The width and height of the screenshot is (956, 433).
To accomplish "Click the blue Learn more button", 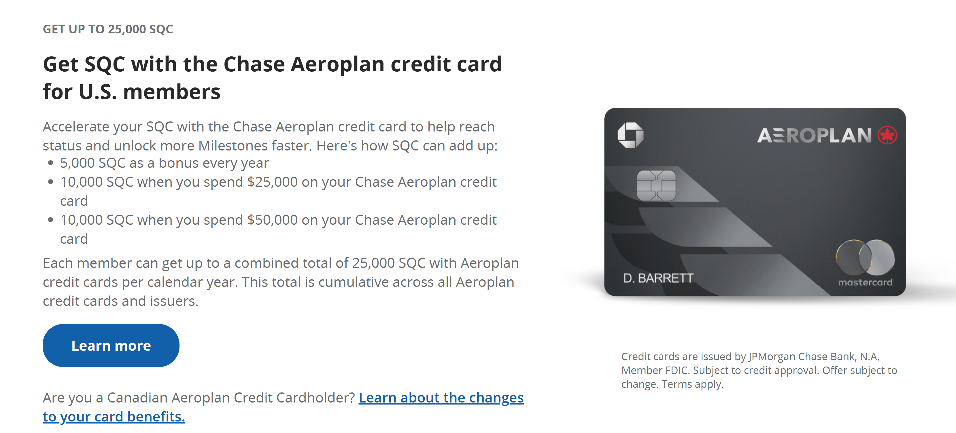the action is (111, 346).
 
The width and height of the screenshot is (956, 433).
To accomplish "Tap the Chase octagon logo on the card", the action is (630, 135).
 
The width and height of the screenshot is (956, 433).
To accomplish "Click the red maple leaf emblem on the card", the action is (887, 135).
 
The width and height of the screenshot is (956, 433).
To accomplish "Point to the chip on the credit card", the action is (656, 185).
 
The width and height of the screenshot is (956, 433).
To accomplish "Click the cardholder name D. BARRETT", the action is (658, 278).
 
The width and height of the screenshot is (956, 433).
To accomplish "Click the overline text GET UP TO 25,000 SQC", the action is (108, 29).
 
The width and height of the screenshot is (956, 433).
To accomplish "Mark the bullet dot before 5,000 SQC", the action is (51, 163).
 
